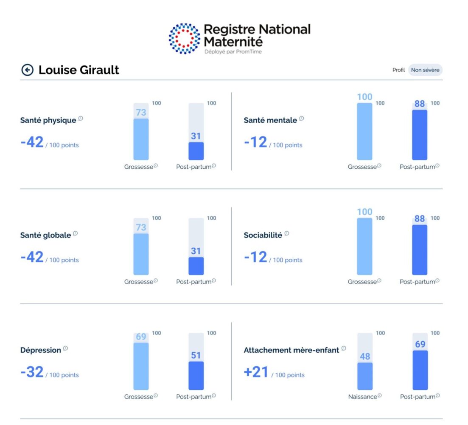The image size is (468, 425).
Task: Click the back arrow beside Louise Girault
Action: click(x=27, y=70)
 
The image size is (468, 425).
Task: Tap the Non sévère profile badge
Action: click(x=425, y=70)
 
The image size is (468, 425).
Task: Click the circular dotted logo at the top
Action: click(x=184, y=39)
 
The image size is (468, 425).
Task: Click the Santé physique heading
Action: click(x=48, y=120)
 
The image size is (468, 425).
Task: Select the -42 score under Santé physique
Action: click(x=32, y=142)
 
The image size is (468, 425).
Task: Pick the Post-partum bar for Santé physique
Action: click(x=196, y=150)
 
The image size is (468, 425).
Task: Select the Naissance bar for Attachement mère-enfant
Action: click(x=364, y=376)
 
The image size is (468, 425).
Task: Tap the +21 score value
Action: click(x=256, y=372)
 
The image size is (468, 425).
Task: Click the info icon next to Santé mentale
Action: click(x=302, y=119)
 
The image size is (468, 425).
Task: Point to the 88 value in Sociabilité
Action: click(x=419, y=219)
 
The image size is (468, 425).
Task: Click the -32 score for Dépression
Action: click(x=32, y=372)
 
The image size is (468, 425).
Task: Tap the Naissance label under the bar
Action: click(x=362, y=397)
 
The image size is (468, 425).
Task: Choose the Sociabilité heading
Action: click(x=263, y=235)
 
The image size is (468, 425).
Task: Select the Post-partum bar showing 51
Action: click(x=196, y=375)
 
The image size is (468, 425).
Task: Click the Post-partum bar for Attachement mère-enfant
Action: click(x=420, y=370)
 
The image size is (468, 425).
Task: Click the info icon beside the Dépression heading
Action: click(x=65, y=348)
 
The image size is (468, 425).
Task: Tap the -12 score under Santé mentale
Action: click(x=255, y=142)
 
